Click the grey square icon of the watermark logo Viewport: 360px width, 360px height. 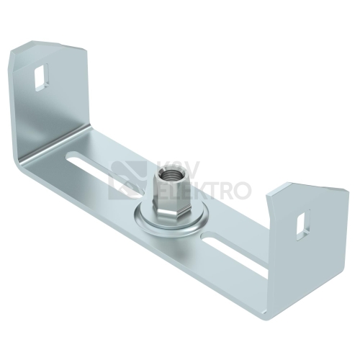(x=127, y=179)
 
